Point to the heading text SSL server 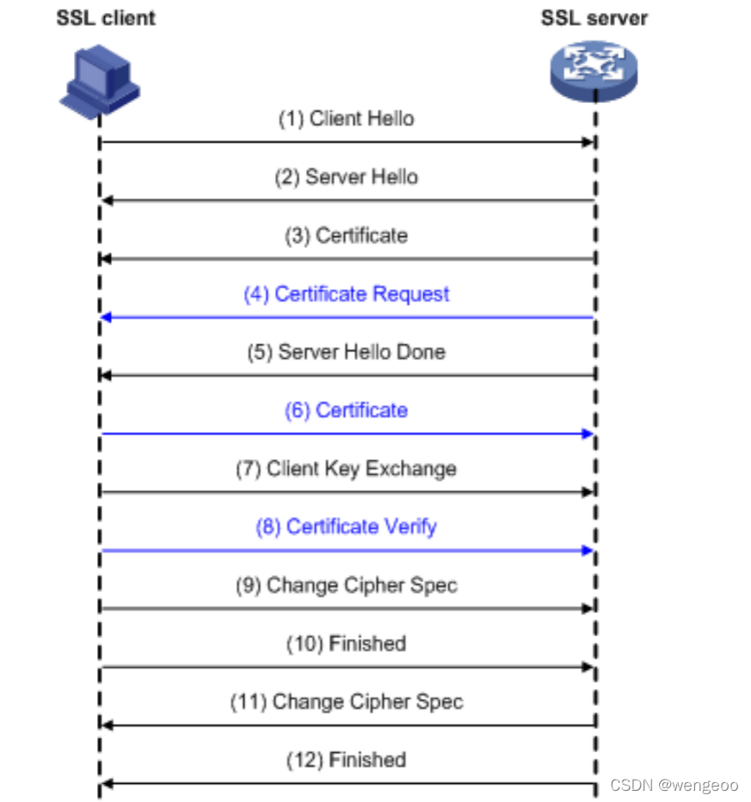(594, 18)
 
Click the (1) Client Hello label (345, 118)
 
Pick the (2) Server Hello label (345, 177)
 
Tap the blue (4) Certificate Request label (345, 294)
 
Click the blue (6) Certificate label (345, 410)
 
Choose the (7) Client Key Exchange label (345, 468)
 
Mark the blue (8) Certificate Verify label (345, 526)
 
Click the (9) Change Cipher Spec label (345, 585)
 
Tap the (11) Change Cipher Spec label (345, 702)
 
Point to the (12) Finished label (345, 759)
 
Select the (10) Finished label (345, 643)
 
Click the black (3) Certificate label (345, 235)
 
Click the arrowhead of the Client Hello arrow (589, 142)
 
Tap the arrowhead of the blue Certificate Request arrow (106, 317)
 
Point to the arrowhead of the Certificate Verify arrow (589, 550)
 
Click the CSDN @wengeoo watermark (674, 785)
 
